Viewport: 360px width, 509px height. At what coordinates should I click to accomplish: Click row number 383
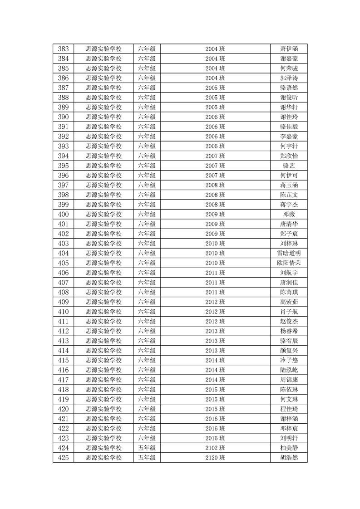point(64,49)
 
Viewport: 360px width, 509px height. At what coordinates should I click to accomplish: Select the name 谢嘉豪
point(289,59)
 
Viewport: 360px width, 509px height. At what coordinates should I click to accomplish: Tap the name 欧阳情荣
point(289,263)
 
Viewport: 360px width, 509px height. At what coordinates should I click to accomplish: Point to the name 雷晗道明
point(289,253)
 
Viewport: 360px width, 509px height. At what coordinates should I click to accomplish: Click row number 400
point(64,214)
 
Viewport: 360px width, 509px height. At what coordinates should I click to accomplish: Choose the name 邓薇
point(289,214)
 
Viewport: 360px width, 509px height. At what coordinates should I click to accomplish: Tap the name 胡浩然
point(289,458)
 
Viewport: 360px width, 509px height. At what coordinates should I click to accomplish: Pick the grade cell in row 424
point(147,448)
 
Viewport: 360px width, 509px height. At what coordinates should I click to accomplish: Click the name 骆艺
point(289,166)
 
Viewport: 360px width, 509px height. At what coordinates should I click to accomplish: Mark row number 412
point(64,331)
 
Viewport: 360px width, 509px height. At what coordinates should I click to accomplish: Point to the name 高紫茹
point(289,302)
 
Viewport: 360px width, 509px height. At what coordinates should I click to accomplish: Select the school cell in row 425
point(104,458)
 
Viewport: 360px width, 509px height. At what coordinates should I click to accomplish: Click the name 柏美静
point(289,448)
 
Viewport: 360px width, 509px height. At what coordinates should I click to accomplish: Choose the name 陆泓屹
point(289,370)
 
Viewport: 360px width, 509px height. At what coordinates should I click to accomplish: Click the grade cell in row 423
point(147,438)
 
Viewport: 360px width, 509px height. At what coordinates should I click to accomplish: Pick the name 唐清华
point(289,224)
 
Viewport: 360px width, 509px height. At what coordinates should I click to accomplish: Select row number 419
point(64,399)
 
